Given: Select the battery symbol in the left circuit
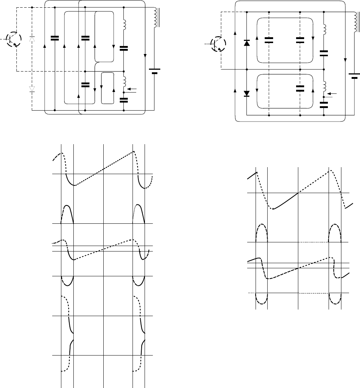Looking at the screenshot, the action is [x=154, y=71].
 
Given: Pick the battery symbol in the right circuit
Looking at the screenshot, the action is [x=353, y=76].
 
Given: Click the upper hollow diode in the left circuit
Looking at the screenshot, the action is [x=32, y=39].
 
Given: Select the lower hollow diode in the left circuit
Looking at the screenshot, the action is [x=32, y=89].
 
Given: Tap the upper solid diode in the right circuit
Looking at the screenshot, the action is [x=247, y=43].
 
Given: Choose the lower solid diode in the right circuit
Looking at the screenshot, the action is [x=247, y=93].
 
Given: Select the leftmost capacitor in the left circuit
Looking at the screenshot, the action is [x=54, y=38].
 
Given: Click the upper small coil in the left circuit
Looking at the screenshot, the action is [x=124, y=24].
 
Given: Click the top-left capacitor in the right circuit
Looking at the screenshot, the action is [x=269, y=40].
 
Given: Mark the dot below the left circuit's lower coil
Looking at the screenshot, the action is [x=124, y=93].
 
